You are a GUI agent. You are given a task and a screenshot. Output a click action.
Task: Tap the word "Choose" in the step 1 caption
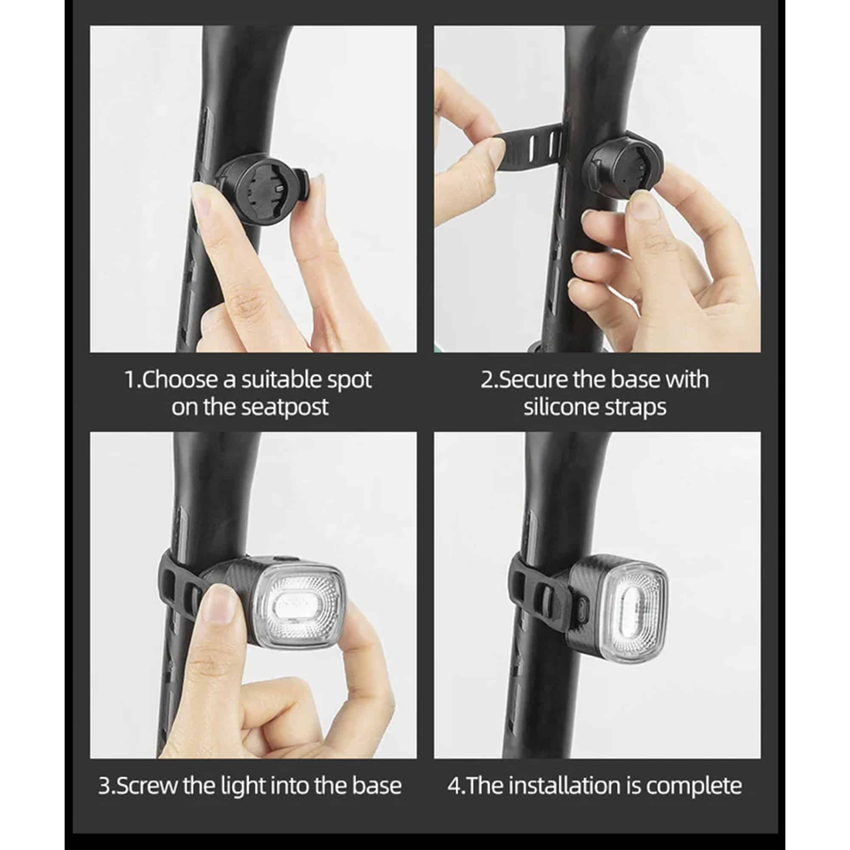tap(181, 380)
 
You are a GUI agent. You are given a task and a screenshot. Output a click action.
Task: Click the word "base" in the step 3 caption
tap(377, 786)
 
